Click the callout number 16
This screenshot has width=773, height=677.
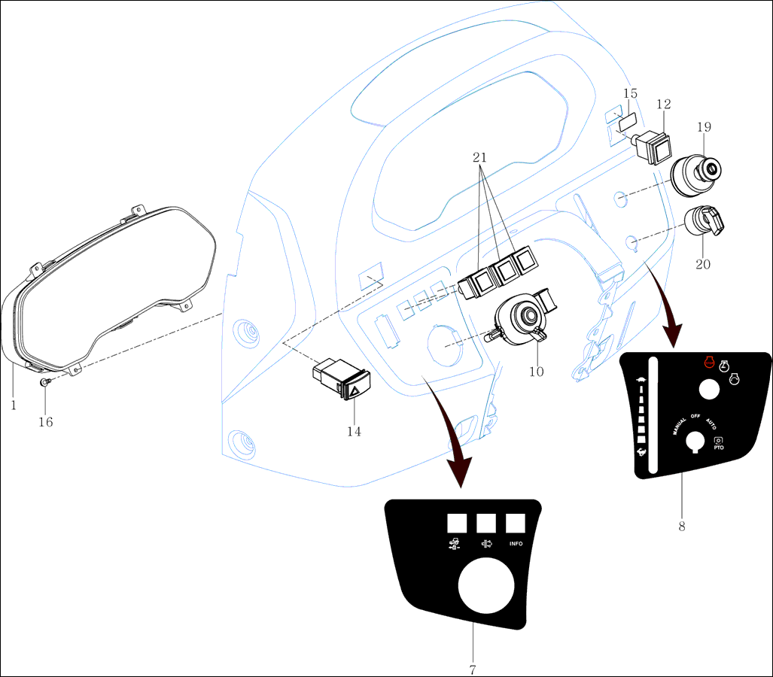pos(46,422)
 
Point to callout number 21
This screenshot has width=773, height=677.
pos(480,158)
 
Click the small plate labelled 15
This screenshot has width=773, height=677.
pos(627,120)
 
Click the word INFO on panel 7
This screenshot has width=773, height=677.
pos(516,544)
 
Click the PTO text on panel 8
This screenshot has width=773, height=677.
pos(718,448)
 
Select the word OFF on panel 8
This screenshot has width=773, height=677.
pos(695,416)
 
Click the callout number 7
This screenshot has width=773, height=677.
pos(473,669)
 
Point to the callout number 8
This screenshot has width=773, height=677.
pos(682,527)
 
